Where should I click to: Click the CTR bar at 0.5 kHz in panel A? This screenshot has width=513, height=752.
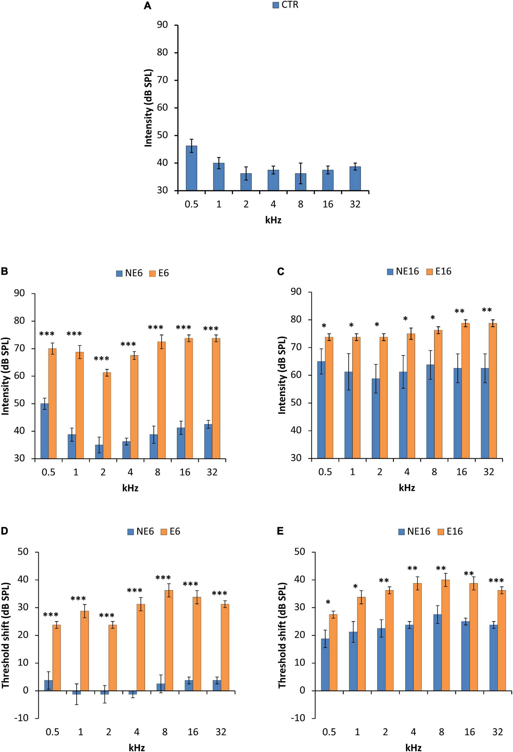(x=191, y=168)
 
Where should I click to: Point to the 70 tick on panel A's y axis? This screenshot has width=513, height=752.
(x=162, y=80)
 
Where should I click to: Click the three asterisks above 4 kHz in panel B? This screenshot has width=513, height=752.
(x=129, y=344)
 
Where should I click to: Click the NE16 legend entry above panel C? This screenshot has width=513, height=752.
(x=403, y=271)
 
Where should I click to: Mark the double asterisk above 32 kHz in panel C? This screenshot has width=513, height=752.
(x=487, y=310)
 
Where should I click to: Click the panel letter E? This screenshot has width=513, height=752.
(x=280, y=531)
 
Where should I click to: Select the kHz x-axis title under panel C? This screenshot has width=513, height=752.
(x=407, y=488)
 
